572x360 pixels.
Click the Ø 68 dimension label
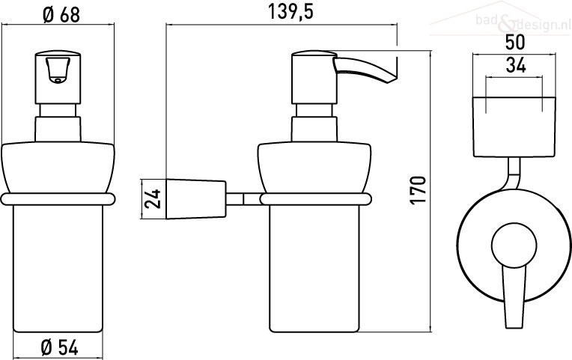click(61, 15)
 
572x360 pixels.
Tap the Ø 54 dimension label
click(59, 347)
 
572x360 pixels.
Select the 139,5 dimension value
click(290, 12)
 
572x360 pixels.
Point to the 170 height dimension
click(419, 191)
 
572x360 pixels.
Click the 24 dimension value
click(153, 199)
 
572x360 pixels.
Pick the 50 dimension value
click(515, 42)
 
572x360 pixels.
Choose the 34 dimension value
click(516, 66)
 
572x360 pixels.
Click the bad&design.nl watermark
click(523, 22)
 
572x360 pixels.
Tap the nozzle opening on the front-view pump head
click(57, 80)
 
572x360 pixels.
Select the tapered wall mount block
click(196, 199)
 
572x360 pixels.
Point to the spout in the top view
click(514, 296)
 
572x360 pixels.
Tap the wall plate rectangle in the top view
click(514, 127)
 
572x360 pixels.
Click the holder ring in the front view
click(58, 199)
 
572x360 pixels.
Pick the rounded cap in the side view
click(314, 167)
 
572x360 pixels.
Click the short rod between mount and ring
click(243, 199)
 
